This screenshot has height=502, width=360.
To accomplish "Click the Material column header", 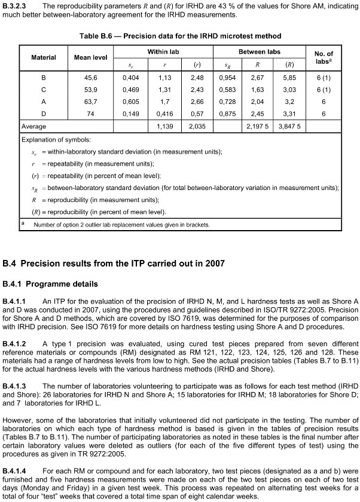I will (x=44, y=58).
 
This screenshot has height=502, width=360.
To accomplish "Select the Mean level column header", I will (x=90, y=58).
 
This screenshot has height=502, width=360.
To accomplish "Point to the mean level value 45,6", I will (x=90, y=77).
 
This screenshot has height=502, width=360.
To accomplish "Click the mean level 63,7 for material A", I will (x=90, y=101).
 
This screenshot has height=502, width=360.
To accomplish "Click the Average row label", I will (x=34, y=127).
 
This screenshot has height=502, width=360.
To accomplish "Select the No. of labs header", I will (x=324, y=58).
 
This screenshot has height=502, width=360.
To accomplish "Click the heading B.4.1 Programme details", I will (x=50, y=283).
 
